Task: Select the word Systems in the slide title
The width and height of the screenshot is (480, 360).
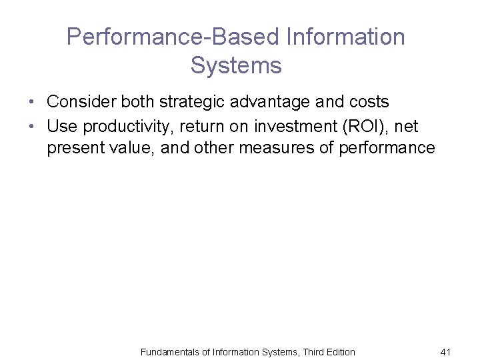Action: click(236, 65)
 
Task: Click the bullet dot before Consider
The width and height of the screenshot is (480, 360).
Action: click(31, 103)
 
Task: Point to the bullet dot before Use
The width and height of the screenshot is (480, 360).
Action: click(31, 125)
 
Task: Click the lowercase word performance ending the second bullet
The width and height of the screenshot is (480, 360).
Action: click(387, 147)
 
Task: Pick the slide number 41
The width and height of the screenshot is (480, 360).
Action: click(446, 351)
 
